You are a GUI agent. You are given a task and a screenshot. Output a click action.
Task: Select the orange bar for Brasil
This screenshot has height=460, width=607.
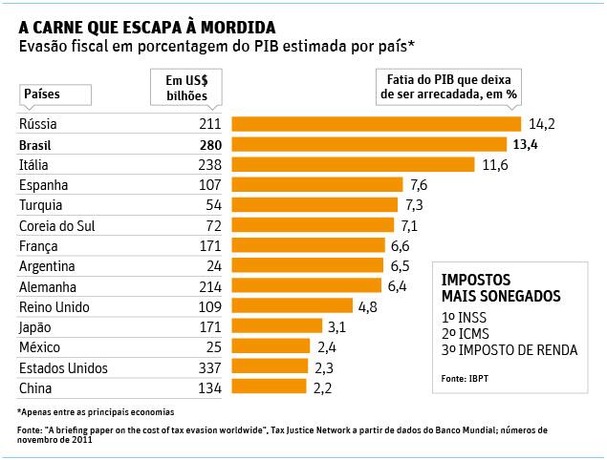tap(369, 144)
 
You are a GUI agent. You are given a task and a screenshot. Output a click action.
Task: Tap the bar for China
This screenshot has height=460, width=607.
tap(269, 387)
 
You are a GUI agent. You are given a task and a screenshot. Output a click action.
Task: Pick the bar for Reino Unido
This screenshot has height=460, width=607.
tap(292, 306)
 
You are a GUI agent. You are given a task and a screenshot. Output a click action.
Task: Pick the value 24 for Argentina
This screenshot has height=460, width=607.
tap(213, 265)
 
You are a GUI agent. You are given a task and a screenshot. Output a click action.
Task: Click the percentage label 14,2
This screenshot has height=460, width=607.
tap(540, 124)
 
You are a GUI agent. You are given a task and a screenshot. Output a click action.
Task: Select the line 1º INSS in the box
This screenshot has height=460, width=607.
tap(465, 316)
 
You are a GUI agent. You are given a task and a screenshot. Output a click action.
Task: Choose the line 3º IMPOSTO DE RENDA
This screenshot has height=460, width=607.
tap(509, 350)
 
